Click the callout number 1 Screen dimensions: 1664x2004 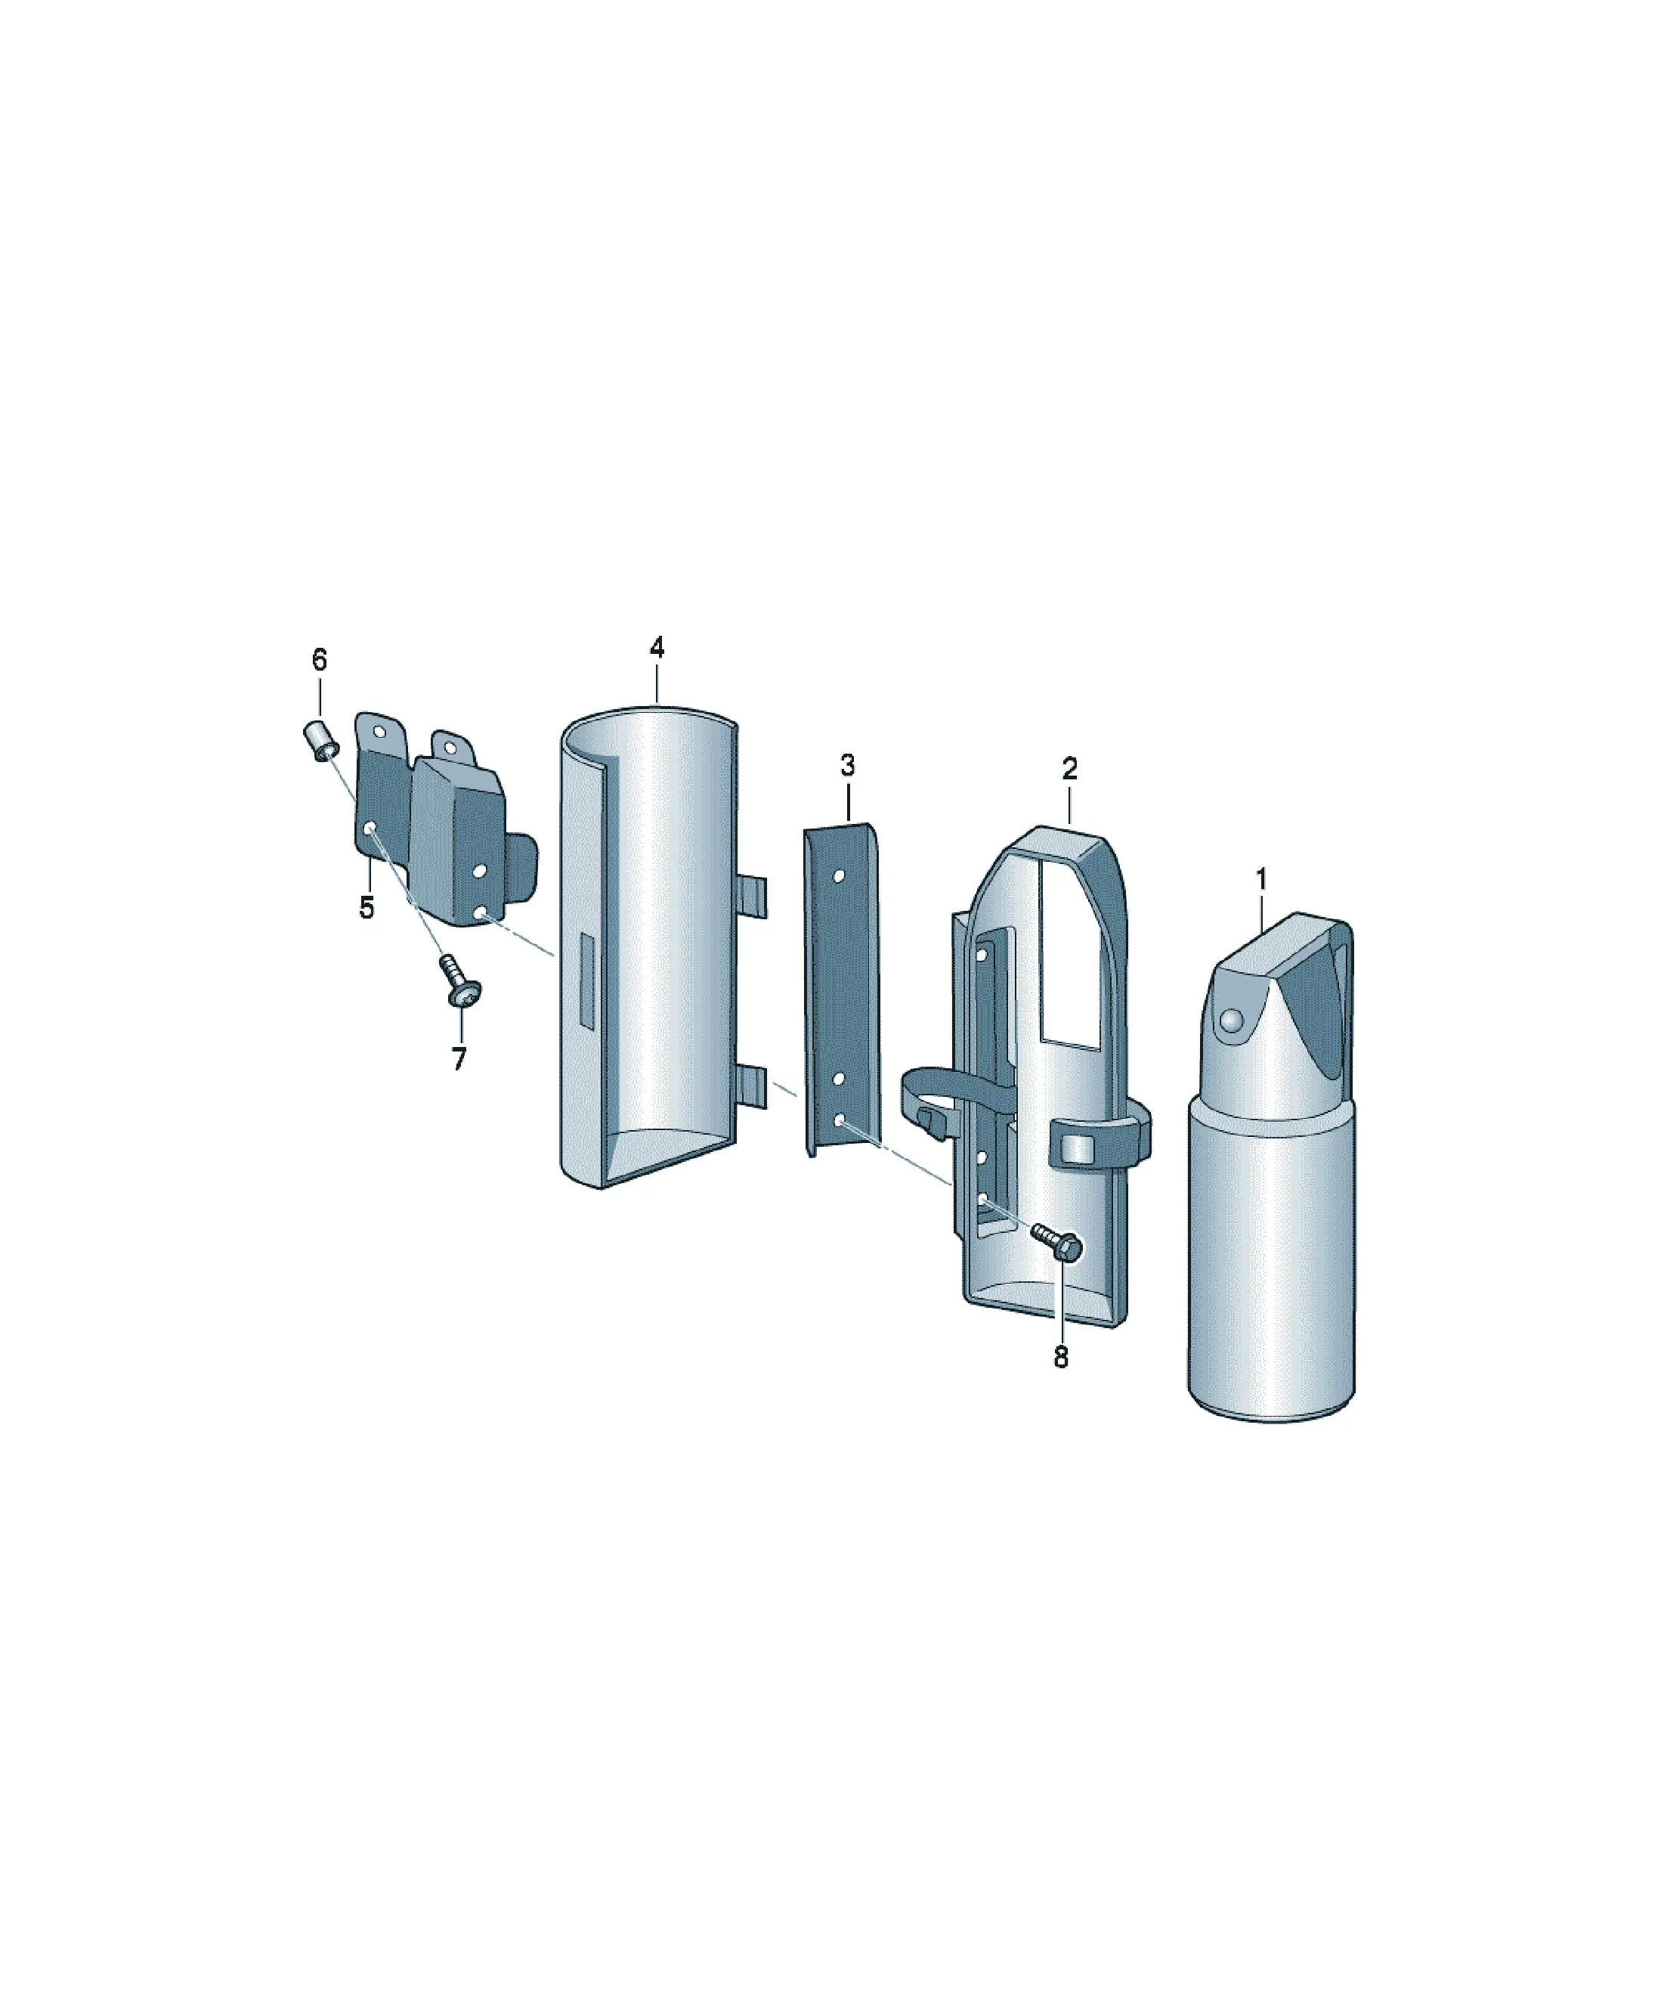(1260, 879)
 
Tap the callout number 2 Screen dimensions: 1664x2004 (1069, 768)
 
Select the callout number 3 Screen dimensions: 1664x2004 (847, 765)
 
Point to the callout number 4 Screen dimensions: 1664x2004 (657, 647)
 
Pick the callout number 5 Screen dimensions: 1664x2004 (367, 908)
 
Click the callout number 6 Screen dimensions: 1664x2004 (319, 659)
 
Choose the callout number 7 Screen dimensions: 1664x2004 (459, 1058)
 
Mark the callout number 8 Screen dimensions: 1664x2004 (1061, 1357)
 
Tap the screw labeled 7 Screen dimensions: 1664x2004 (461, 982)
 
